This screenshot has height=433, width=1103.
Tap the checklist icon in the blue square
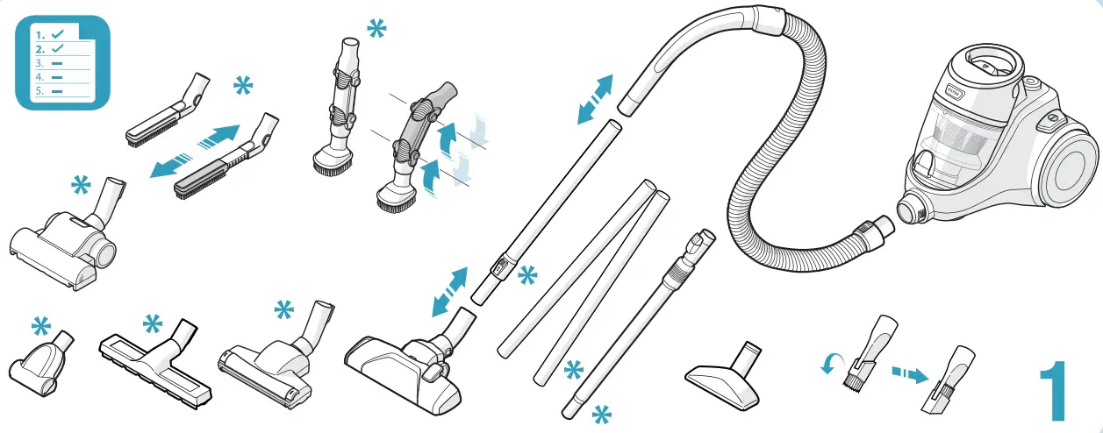coord(63,62)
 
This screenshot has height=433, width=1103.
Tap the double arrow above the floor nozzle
coord(449,292)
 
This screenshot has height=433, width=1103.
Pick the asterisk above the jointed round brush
coord(376,30)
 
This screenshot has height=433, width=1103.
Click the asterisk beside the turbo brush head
coord(81,187)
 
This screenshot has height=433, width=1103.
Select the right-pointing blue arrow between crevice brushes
coord(218,137)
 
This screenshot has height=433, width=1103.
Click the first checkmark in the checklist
coord(57,33)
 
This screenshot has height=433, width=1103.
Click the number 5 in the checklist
coord(39,90)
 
